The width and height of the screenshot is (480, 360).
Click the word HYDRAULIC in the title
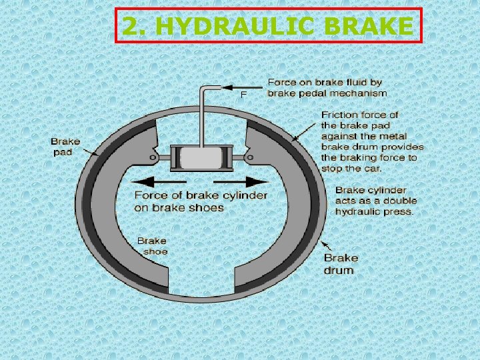249,27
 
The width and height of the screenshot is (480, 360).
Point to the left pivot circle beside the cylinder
154,158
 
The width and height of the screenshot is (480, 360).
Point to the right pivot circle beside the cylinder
250,158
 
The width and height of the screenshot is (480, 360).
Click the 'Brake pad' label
65,147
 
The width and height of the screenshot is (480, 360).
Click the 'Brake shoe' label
152,246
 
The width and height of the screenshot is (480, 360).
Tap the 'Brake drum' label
341,264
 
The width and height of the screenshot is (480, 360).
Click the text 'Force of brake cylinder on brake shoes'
200,201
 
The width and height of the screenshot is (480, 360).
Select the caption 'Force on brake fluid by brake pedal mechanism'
327,87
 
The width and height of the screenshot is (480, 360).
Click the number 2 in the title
131,27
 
